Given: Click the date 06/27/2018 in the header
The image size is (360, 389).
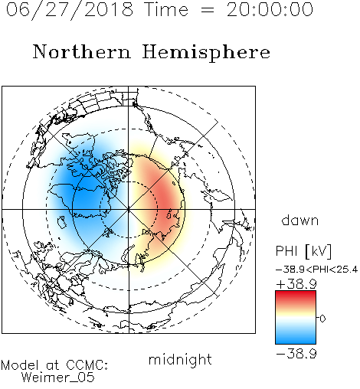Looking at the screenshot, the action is [x=70, y=10].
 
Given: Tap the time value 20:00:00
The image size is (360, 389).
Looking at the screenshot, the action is [x=270, y=9].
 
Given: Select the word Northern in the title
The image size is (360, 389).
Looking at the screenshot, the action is [x=82, y=51].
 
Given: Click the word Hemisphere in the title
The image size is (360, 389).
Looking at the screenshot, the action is [x=206, y=53].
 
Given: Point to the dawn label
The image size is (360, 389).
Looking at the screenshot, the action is [x=300, y=220].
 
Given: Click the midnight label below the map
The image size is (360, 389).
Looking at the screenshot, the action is [x=180, y=360].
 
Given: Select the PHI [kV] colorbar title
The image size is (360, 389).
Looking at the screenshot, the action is [x=303, y=251].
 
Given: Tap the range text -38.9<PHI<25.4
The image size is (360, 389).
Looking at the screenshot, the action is [x=316, y=270].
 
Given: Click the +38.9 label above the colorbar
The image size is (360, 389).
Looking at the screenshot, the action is [x=296, y=284].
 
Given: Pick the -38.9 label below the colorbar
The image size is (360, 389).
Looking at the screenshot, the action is [x=296, y=354].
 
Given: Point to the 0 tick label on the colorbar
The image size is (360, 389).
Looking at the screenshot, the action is [x=322, y=319].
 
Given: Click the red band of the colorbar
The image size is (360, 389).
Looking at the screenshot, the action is [x=296, y=296].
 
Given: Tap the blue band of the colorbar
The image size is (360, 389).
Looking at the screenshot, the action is [x=296, y=337].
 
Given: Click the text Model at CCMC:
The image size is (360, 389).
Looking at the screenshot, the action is [x=54, y=365].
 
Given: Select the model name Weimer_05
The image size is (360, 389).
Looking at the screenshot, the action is [x=58, y=378].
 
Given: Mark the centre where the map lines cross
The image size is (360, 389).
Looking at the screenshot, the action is [x=129, y=209].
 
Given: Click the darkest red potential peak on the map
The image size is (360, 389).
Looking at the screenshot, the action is [x=166, y=201].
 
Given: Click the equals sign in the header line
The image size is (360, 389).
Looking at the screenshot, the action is [x=207, y=10].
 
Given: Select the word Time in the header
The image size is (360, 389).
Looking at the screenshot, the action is [x=166, y=9].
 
